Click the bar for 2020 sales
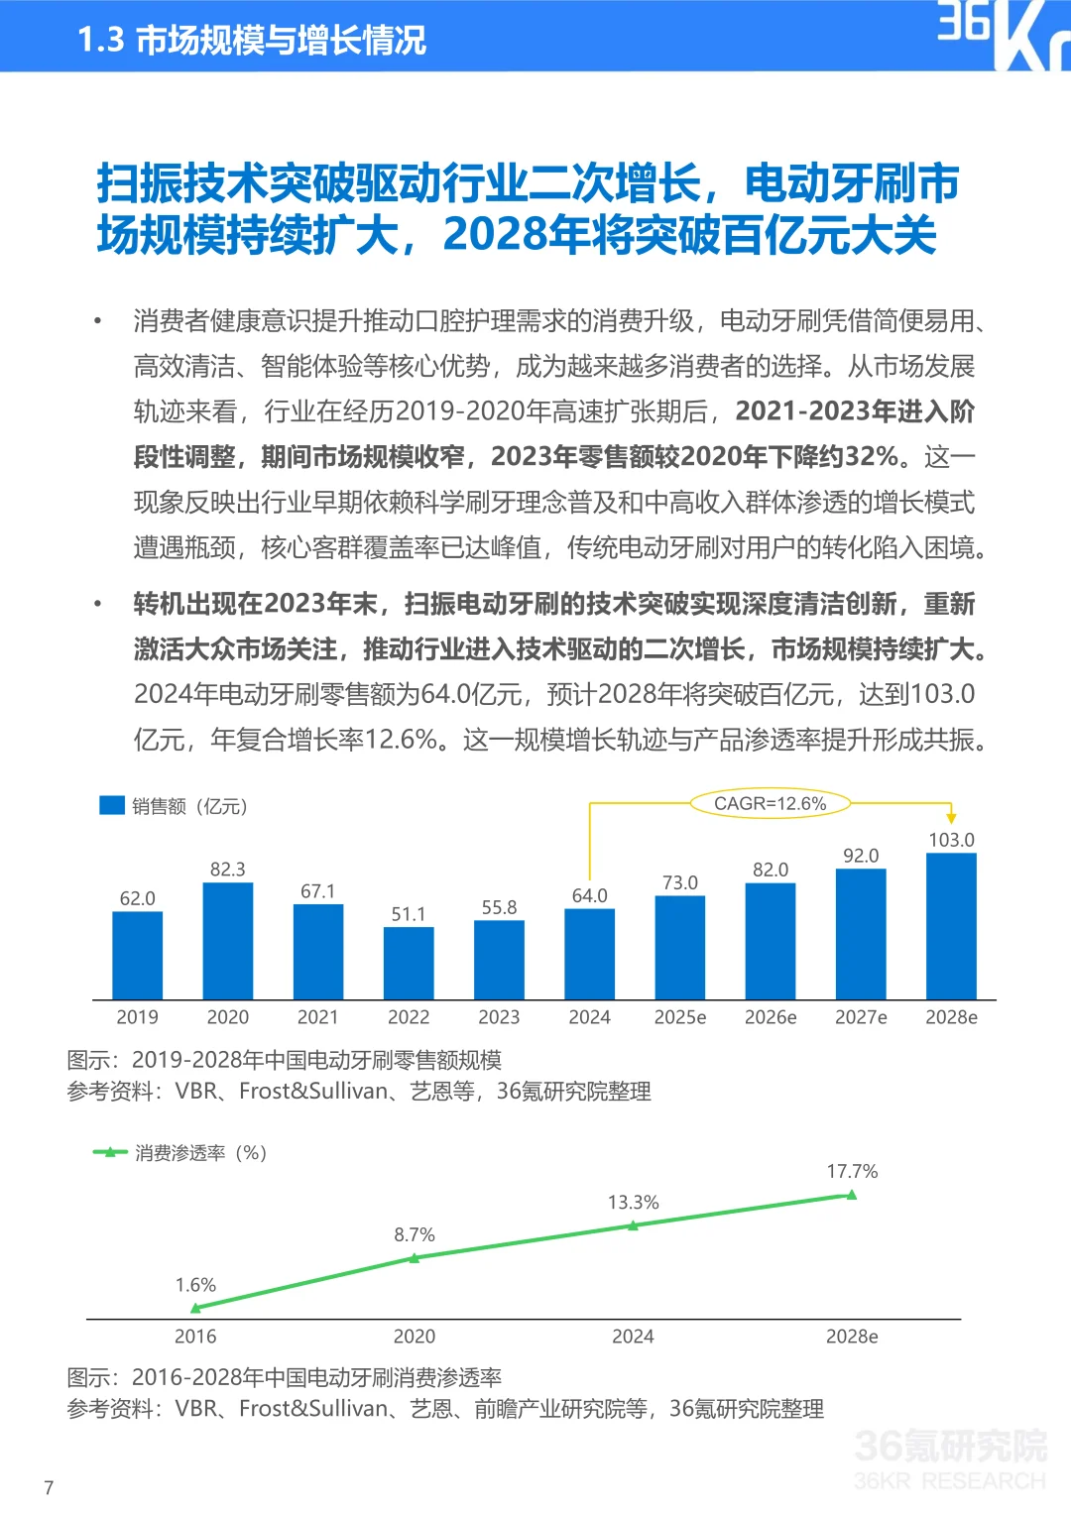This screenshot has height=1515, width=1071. pyautogui.click(x=227, y=941)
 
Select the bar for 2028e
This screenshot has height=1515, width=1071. pyautogui.click(x=951, y=926)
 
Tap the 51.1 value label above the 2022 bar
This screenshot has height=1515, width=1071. pyautogui.click(x=408, y=914)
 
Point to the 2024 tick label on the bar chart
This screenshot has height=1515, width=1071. pyautogui.click(x=589, y=1017)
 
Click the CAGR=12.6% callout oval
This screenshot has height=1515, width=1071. pyautogui.click(x=770, y=803)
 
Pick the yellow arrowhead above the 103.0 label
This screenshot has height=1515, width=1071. pyautogui.click(x=951, y=817)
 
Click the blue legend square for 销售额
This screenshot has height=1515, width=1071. pyautogui.click(x=112, y=805)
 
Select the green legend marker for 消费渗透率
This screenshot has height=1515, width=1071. pyautogui.click(x=110, y=1152)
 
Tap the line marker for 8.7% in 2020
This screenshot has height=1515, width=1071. pyautogui.click(x=415, y=1258)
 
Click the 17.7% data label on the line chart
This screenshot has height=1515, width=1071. pyautogui.click(x=852, y=1172)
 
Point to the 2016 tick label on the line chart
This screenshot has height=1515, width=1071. pyautogui.click(x=195, y=1337)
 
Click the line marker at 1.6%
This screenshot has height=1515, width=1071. pyautogui.click(x=195, y=1309)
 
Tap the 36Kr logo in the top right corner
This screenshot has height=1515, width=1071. pyautogui.click(x=1002, y=35)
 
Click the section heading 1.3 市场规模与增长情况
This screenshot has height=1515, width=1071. pyautogui.click(x=252, y=40)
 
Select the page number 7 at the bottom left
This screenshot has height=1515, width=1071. pyautogui.click(x=49, y=1487)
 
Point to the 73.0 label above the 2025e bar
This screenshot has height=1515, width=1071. pyautogui.click(x=680, y=882)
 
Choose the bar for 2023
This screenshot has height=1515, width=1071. pyautogui.click(x=499, y=960)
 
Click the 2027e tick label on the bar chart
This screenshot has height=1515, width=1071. pyautogui.click(x=861, y=1017)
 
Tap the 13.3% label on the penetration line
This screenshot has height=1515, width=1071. pyautogui.click(x=633, y=1203)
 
